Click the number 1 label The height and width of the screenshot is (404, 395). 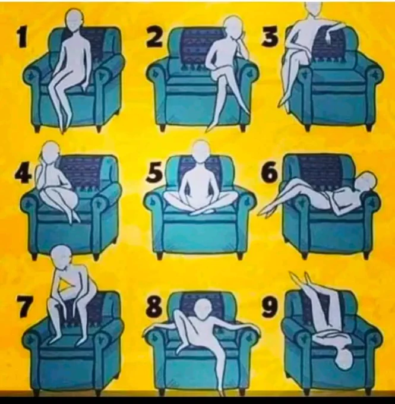click(x=23, y=39)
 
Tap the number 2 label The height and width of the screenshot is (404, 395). click(x=155, y=37)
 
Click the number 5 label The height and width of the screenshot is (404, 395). click(x=154, y=172)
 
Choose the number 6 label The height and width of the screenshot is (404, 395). click(x=268, y=172)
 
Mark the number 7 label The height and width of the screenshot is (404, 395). click(x=25, y=307)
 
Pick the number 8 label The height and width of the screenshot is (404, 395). click(x=154, y=307)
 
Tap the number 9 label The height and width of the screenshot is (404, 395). click(x=269, y=307)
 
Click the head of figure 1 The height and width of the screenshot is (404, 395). click(x=74, y=20)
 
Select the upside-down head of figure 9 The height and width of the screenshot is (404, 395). click(x=345, y=359)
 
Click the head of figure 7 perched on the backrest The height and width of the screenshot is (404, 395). click(x=61, y=255)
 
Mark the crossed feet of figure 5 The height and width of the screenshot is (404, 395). click(x=200, y=212)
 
